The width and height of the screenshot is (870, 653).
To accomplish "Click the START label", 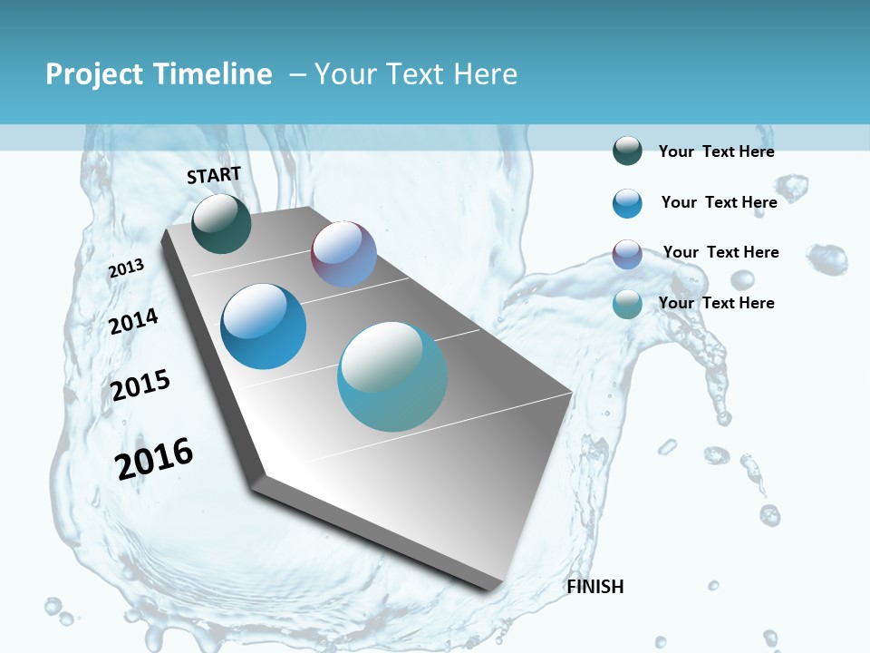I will click(x=214, y=175).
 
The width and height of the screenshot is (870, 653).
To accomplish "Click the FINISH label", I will click(x=595, y=587).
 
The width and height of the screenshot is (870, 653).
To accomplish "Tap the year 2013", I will click(x=126, y=268).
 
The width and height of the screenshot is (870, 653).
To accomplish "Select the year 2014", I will click(x=133, y=321).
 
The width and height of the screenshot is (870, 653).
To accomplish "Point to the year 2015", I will click(x=140, y=385).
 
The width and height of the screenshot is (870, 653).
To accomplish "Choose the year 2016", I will click(x=154, y=459).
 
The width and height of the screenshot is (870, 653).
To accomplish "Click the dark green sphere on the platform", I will click(x=221, y=223).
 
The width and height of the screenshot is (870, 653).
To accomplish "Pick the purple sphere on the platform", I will click(x=343, y=254).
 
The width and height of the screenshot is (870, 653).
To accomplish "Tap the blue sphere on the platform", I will click(x=264, y=326).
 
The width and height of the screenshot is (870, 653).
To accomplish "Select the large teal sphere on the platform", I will click(x=392, y=376).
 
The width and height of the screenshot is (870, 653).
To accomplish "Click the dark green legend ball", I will click(x=627, y=151).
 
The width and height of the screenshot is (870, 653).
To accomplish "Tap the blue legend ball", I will click(x=627, y=203).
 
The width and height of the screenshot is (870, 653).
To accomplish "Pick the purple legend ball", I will click(x=627, y=254).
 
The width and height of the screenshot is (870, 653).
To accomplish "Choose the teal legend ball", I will click(x=627, y=305).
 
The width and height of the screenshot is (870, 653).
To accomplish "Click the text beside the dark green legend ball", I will click(x=716, y=151).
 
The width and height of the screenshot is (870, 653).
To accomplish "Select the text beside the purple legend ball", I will click(x=720, y=252).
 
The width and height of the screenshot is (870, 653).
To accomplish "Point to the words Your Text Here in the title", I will click(x=416, y=74).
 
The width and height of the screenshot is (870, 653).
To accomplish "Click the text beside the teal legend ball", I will click(x=716, y=303).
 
